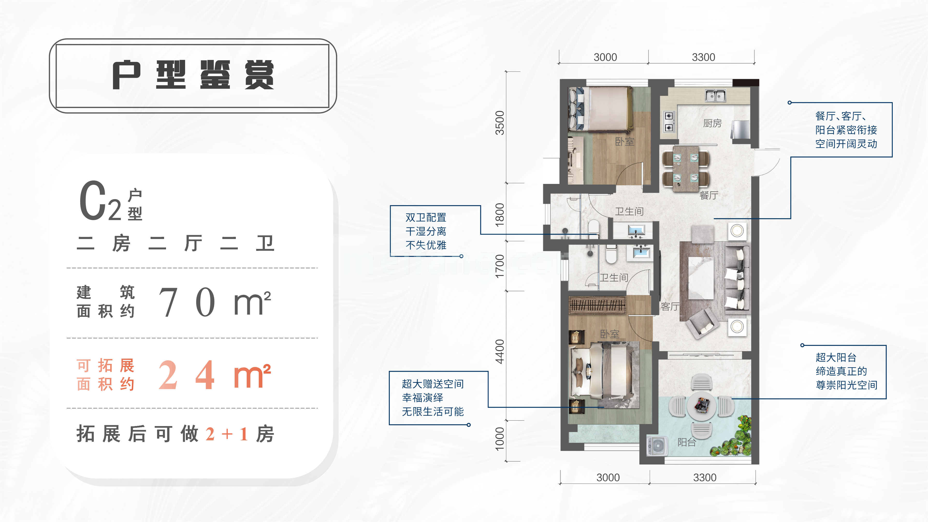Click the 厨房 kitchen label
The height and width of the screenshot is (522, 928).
pyautogui.click(x=712, y=123)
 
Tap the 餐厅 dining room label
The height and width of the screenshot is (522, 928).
pyautogui.click(x=709, y=195)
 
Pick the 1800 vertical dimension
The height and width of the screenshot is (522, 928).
pyautogui.click(x=500, y=215)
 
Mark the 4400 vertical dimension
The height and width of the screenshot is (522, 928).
pyautogui.click(x=500, y=352)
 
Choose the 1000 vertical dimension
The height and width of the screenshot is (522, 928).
pyautogui.click(x=500, y=439)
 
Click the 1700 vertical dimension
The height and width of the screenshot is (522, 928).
pyautogui.click(x=500, y=266)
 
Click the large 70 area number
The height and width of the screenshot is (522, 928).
pyautogui.click(x=187, y=302)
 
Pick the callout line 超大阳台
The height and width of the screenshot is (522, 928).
pyautogui.click(x=836, y=357)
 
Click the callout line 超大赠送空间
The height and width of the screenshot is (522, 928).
pyautogui.click(x=433, y=384)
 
